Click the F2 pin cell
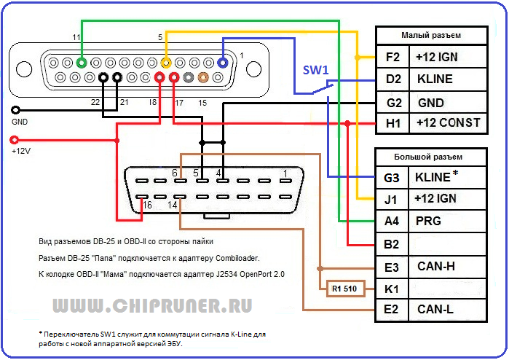(x=392, y=57)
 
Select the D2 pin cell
(x=392, y=79)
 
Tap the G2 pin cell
(x=392, y=102)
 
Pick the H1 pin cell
(x=392, y=123)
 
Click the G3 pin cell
(x=392, y=176)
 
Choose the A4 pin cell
(x=392, y=221)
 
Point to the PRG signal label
(x=427, y=221)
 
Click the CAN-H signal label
(x=437, y=267)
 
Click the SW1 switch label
(x=317, y=70)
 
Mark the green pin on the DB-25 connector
(x=82, y=63)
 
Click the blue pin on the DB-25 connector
(x=224, y=63)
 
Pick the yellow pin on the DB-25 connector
(x=166, y=63)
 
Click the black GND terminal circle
(x=15, y=110)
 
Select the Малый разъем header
(x=431, y=35)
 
